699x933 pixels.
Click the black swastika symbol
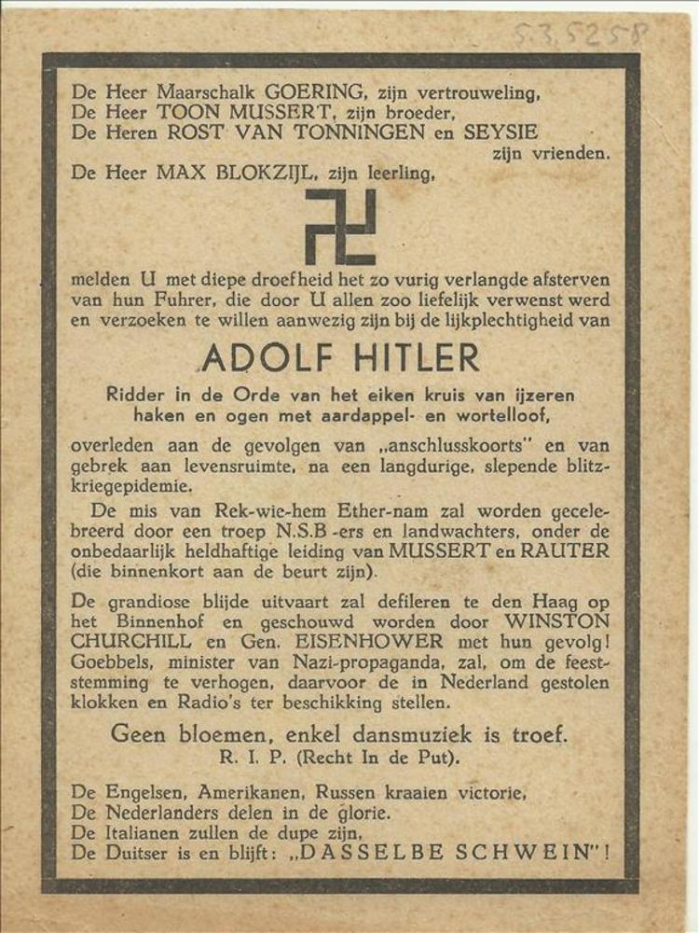(x=341, y=227)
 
